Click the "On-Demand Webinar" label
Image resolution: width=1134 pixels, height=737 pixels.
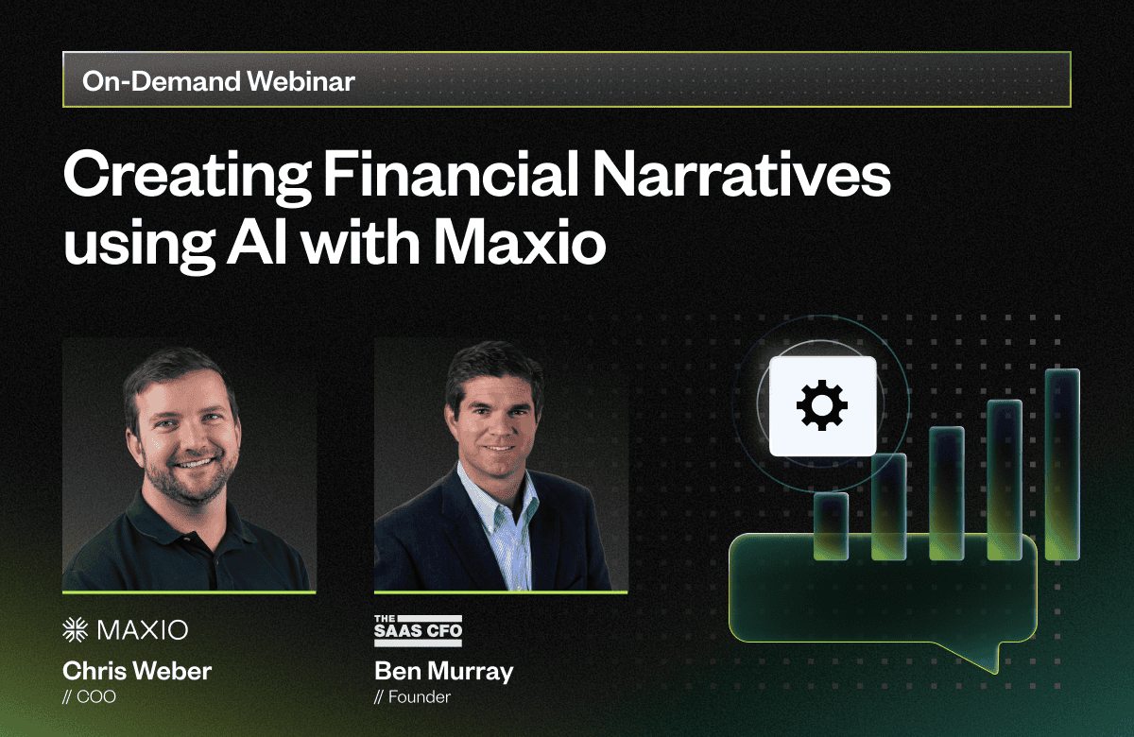coord(218,81)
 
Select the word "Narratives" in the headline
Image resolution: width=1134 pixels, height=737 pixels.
coord(741,175)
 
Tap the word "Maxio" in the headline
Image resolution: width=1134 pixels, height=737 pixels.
coord(520,242)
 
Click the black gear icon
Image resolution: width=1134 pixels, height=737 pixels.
coord(821,405)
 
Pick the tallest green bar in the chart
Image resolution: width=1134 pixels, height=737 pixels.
coord(1062,464)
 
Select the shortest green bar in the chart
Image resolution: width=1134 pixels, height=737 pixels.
coord(831,526)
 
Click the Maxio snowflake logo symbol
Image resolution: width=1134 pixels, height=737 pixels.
coord(75,629)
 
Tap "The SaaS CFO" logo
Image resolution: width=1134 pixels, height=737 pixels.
coord(418,630)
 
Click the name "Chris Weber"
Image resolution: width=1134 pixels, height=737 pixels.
coord(137,671)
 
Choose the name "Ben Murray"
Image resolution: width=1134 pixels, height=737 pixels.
coord(444,672)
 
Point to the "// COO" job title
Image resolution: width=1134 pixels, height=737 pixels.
coord(89,697)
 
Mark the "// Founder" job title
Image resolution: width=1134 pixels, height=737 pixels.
coord(412,697)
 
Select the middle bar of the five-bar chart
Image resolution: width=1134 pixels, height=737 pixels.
coord(947,493)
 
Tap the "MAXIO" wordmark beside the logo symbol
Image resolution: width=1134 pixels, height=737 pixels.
coord(143,630)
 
